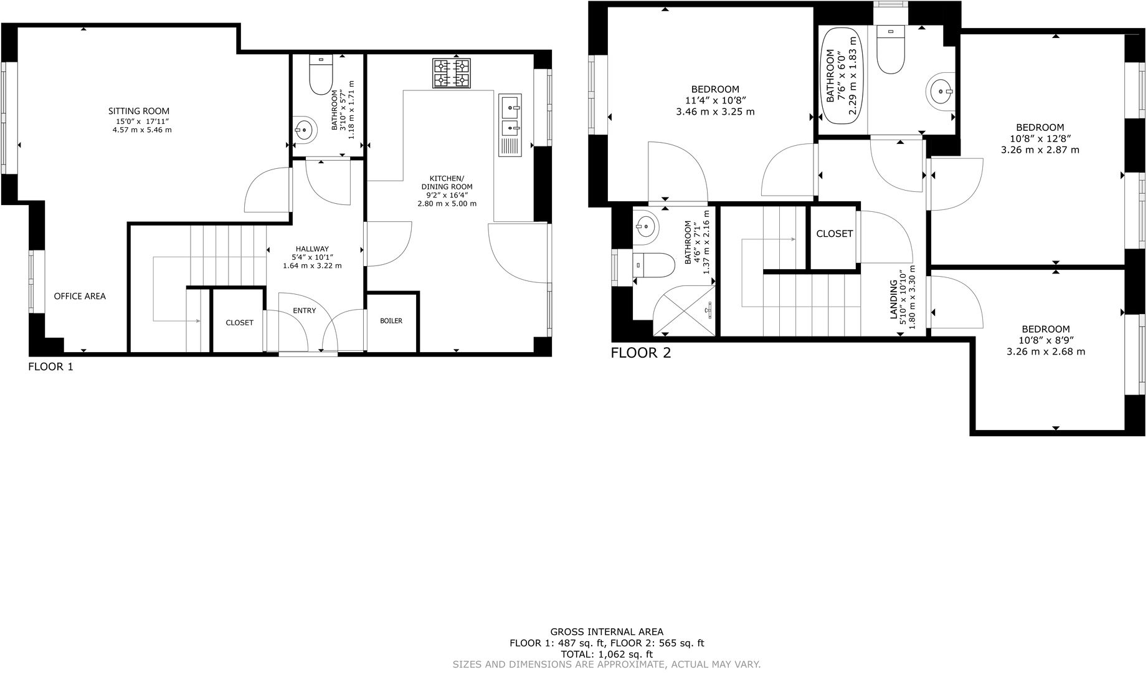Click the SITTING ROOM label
139,111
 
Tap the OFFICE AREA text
80,296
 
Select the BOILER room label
391,321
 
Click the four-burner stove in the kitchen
452,73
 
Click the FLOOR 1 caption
50,366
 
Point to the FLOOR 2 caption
640,353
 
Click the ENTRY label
304,310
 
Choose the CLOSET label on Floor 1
239,323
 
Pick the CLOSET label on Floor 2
834,234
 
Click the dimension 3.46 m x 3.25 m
715,112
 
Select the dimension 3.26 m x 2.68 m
1046,351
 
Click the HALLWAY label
312,249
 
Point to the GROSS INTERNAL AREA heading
607,632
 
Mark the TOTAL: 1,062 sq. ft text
607,654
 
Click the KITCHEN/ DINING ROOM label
447,183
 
